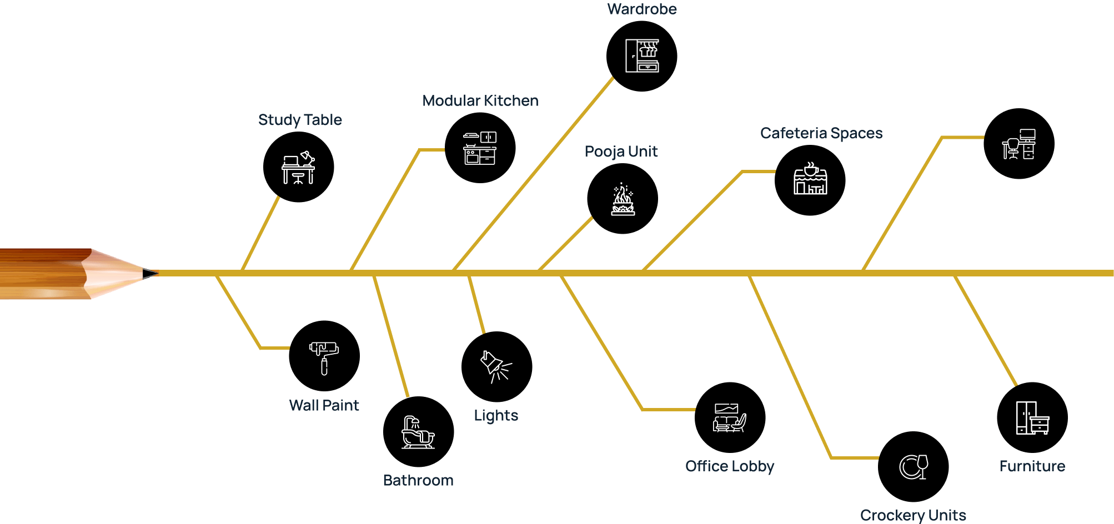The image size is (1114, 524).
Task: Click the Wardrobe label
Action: tap(642, 9)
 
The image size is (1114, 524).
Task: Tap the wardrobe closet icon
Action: tap(642, 56)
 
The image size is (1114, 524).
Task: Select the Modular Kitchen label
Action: tap(480, 101)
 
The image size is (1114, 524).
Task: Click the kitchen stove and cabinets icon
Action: tap(480, 148)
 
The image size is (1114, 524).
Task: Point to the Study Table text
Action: tap(300, 120)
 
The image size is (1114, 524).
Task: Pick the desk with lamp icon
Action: tap(298, 168)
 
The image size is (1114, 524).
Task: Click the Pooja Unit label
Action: tap(621, 152)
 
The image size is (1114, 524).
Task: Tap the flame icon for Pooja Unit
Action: tap(623, 199)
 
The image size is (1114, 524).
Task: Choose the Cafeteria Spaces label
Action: tap(821, 133)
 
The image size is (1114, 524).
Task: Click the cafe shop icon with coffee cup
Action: tap(810, 179)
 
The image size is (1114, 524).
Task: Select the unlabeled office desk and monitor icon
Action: tap(1019, 144)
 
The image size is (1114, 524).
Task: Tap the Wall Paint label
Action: tap(324, 406)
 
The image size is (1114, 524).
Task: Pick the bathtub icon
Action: tap(418, 432)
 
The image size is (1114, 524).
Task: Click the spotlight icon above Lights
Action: tap(495, 366)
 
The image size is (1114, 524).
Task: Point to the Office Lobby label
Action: tap(730, 466)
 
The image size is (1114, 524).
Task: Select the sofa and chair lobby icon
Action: tap(729, 418)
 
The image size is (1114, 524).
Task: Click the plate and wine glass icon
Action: tap(914, 467)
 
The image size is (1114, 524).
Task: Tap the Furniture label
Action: tap(1032, 466)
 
